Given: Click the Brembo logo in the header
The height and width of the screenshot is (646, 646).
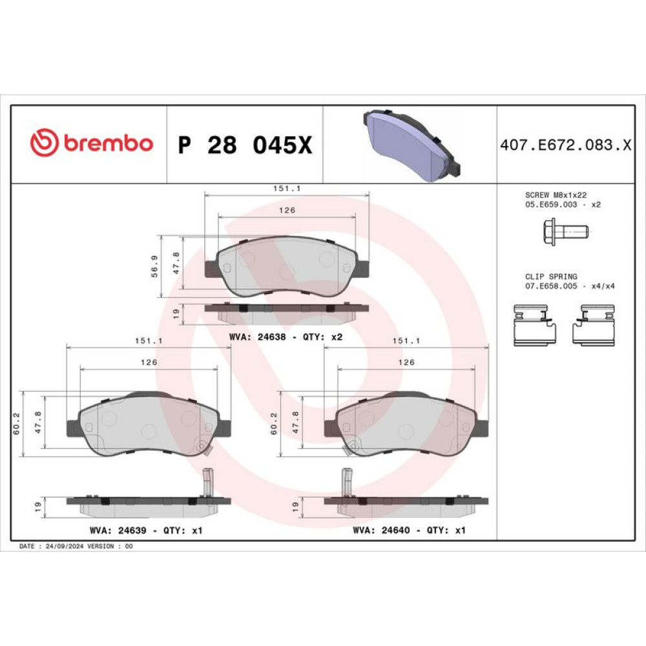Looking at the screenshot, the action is click(x=92, y=143).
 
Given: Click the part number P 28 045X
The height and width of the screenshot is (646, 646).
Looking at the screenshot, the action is click(x=245, y=145).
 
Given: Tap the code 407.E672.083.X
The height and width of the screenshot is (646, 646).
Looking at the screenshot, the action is click(x=566, y=145).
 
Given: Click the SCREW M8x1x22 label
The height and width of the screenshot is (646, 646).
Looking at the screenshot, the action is click(x=556, y=195).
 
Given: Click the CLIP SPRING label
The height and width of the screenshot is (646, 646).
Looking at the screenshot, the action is click(x=551, y=276).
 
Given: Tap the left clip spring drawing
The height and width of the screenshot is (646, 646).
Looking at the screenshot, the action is click(x=535, y=325).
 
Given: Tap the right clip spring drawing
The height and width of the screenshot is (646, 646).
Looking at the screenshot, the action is click(x=593, y=325).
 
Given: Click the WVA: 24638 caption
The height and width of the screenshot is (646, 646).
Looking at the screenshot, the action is click(x=258, y=337).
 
